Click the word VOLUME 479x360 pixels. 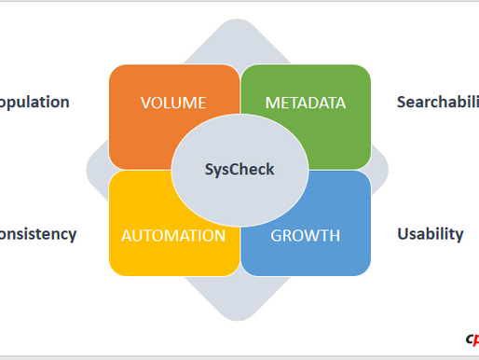click(173, 103)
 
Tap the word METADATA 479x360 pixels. click(306, 103)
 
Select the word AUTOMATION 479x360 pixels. click(173, 235)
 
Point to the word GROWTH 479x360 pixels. click(306, 235)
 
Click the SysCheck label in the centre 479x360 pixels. click(239, 169)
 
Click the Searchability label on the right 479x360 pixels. click(437, 103)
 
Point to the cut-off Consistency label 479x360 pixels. click(37, 234)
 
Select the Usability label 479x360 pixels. click(430, 234)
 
